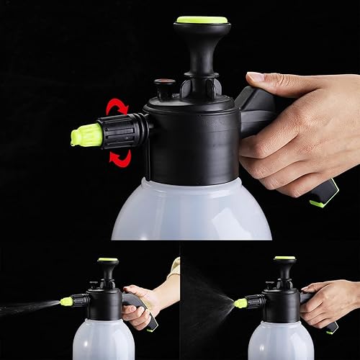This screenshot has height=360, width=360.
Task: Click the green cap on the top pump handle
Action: (202, 20)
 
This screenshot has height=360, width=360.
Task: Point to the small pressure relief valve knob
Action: (165, 84)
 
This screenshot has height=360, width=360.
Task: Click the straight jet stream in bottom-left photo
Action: (29, 307)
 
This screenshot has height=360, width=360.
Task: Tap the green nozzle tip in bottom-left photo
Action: (66, 301)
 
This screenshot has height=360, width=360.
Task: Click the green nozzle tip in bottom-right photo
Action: (240, 303)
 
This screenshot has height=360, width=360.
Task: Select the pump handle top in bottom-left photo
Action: (108, 260)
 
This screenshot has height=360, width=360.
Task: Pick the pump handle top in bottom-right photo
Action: (284, 258)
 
